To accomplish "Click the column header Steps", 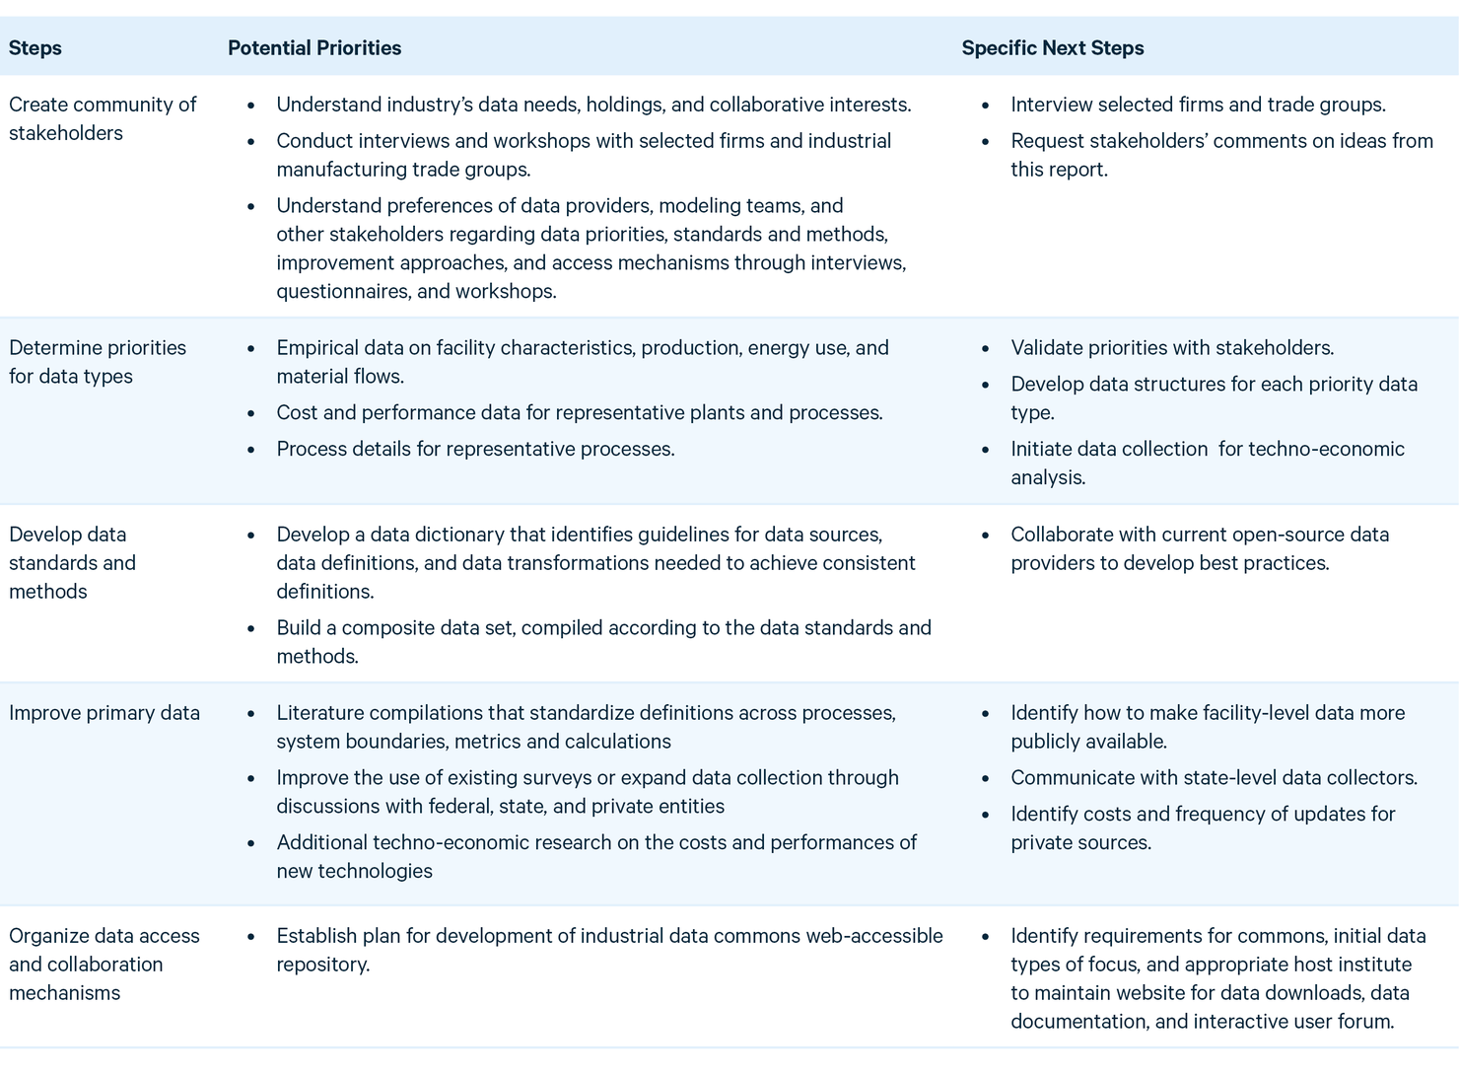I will point(35,47).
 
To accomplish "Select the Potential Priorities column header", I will point(314,47).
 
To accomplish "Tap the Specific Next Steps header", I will point(1053,47).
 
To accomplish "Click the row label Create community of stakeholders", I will point(103,118).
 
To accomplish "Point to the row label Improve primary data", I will point(104,712).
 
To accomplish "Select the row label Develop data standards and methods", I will point(72,562).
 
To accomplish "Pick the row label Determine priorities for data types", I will point(97,361).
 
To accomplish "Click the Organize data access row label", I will point(104,964).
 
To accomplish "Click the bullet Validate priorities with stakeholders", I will point(1172,347).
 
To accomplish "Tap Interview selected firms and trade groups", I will point(1198,105).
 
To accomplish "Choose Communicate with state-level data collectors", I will point(1214,777).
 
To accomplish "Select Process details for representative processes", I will point(475,449).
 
